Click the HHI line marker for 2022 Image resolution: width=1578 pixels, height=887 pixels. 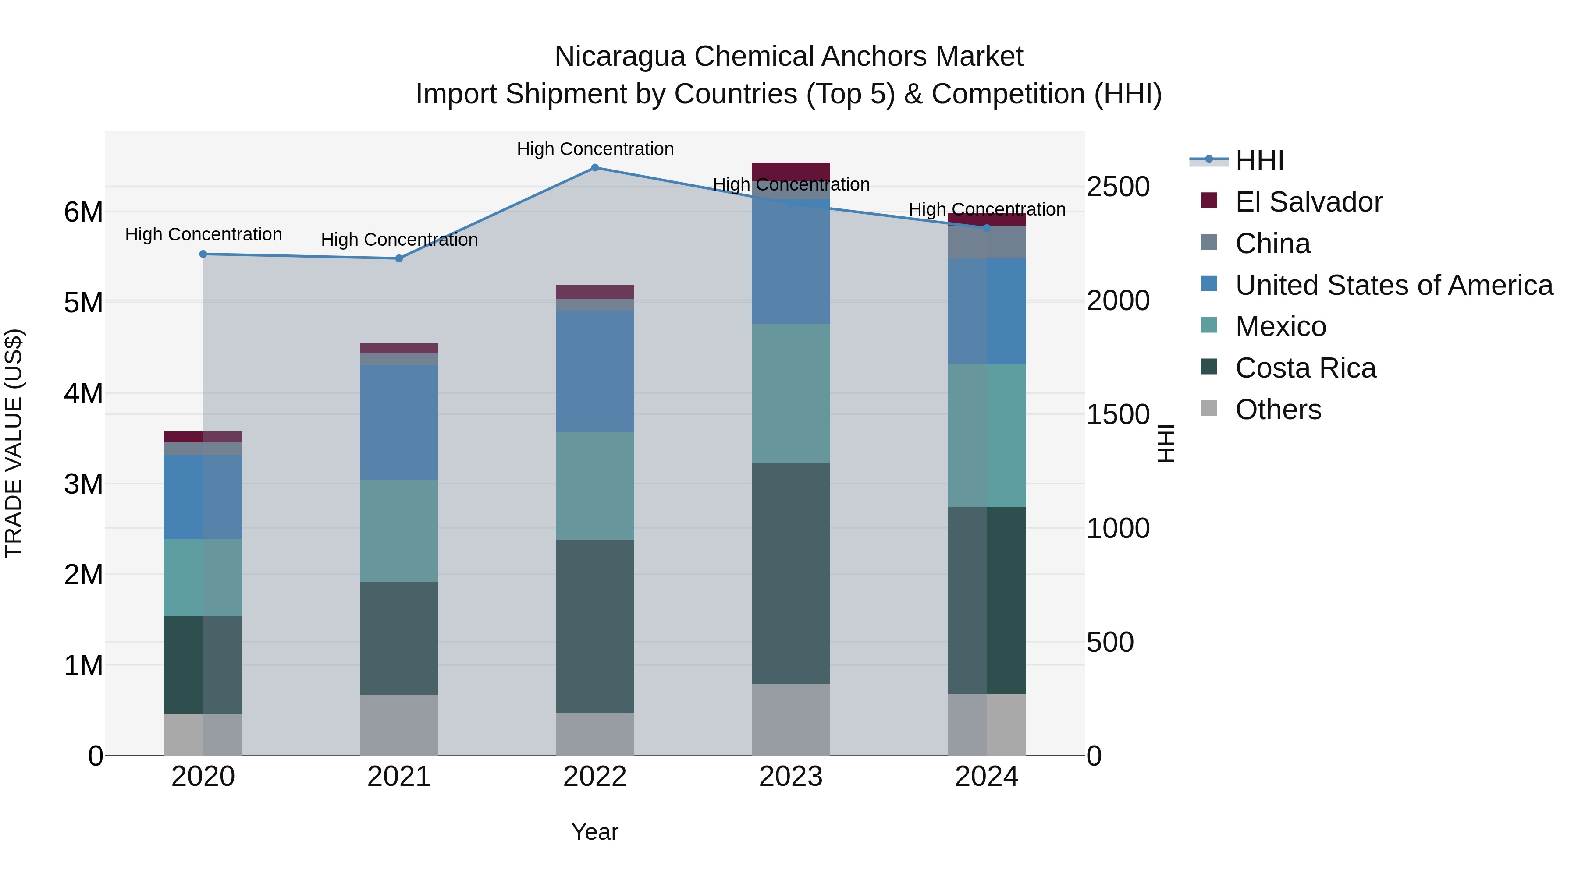595,167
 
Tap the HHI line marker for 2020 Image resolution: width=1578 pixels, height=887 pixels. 203,254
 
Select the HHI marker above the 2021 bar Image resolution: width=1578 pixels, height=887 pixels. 399,258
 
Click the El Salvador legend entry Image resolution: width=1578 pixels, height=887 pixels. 1308,202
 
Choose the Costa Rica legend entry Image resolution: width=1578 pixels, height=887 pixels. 1305,368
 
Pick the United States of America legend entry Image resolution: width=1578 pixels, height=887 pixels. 1393,285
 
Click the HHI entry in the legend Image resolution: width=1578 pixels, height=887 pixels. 1259,160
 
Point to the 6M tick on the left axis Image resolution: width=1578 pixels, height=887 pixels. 83,212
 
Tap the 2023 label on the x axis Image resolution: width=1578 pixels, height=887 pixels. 790,777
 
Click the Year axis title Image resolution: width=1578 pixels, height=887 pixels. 595,832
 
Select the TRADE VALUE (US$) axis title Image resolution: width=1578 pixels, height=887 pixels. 14,443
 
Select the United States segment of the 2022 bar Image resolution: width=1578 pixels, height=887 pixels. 595,371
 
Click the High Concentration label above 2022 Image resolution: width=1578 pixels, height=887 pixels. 595,149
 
